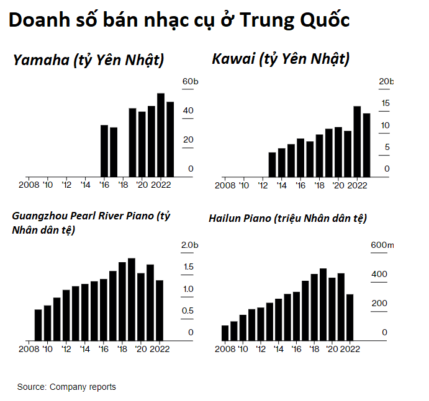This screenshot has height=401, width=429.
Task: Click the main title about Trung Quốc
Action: pos(179,20)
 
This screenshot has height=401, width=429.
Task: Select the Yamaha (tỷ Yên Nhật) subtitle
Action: pos(89,60)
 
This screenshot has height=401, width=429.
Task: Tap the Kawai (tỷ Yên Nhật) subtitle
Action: pos(281,59)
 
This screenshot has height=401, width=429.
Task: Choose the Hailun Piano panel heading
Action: pos(288,218)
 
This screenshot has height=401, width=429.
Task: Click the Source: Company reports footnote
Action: pos(66,387)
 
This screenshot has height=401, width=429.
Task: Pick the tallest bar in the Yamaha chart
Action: pos(161,134)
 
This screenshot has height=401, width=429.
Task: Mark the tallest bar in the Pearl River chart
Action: pos(132,299)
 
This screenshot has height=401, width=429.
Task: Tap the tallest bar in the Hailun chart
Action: pos(323,304)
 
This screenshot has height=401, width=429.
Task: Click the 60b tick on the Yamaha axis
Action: pos(189,82)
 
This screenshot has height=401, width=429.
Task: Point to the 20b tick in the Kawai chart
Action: pos(386,82)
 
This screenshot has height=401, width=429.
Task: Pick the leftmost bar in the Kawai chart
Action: pos(272,164)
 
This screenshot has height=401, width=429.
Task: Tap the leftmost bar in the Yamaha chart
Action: pos(104,151)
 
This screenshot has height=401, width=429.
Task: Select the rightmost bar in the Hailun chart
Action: pos(350,317)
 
